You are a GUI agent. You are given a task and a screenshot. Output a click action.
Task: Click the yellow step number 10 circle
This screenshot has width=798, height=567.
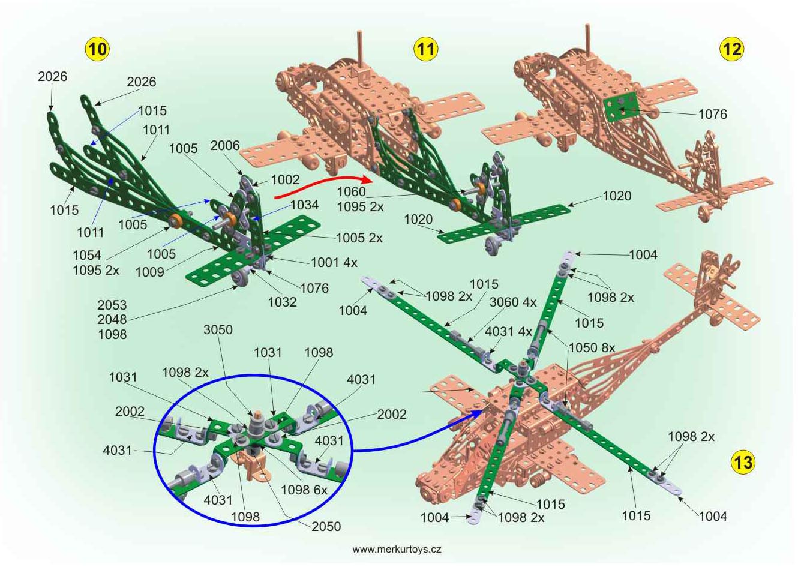click(x=97, y=49)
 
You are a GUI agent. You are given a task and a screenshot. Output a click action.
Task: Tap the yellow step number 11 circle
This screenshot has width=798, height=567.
click(x=425, y=49)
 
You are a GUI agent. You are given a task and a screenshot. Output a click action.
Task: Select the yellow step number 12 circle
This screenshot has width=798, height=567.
click(x=733, y=49)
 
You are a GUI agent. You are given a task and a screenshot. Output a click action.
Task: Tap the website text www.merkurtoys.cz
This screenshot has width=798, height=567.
click(x=397, y=549)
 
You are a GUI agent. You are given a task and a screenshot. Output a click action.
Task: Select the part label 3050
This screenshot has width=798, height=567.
click(x=218, y=330)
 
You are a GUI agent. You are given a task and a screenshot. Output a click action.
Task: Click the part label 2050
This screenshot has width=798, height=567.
click(x=326, y=526)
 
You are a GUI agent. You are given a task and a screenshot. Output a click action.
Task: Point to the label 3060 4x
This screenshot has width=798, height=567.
click(x=513, y=302)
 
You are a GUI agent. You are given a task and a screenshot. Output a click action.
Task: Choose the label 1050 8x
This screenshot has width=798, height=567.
click(x=592, y=347)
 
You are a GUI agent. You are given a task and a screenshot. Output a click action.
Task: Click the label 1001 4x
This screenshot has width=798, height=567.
click(x=334, y=262)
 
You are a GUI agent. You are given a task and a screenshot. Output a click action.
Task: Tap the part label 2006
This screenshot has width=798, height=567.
click(x=225, y=145)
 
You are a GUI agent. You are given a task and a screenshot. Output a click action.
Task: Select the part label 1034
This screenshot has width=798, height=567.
click(x=305, y=205)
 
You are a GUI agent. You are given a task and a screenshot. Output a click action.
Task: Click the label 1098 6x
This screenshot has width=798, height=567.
click(x=304, y=490)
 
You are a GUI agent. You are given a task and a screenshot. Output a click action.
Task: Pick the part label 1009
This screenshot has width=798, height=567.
click(x=149, y=272)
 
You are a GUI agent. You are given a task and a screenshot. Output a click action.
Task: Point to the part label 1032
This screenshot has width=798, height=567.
click(x=282, y=302)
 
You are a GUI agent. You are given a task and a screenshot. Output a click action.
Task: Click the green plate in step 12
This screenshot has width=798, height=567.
click(x=621, y=106)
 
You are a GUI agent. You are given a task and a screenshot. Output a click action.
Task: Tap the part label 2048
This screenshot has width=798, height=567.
click(x=112, y=319)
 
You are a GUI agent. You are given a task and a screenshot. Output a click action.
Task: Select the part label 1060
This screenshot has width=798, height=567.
click(x=351, y=191)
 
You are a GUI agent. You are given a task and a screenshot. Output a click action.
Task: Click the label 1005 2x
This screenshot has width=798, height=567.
click(x=359, y=238)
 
